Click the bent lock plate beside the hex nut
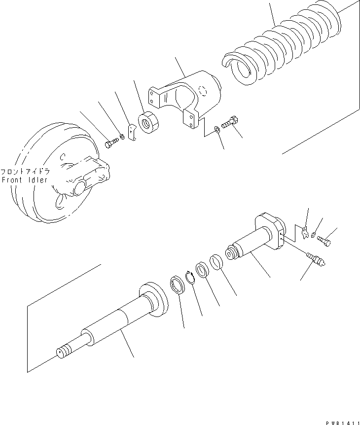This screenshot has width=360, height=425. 130,134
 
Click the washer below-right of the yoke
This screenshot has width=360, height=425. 217,130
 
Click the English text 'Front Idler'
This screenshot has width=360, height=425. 25,180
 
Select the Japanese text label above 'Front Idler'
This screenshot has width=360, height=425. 25,172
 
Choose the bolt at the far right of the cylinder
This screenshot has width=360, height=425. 325,241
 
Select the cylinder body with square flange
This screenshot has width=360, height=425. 256,242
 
